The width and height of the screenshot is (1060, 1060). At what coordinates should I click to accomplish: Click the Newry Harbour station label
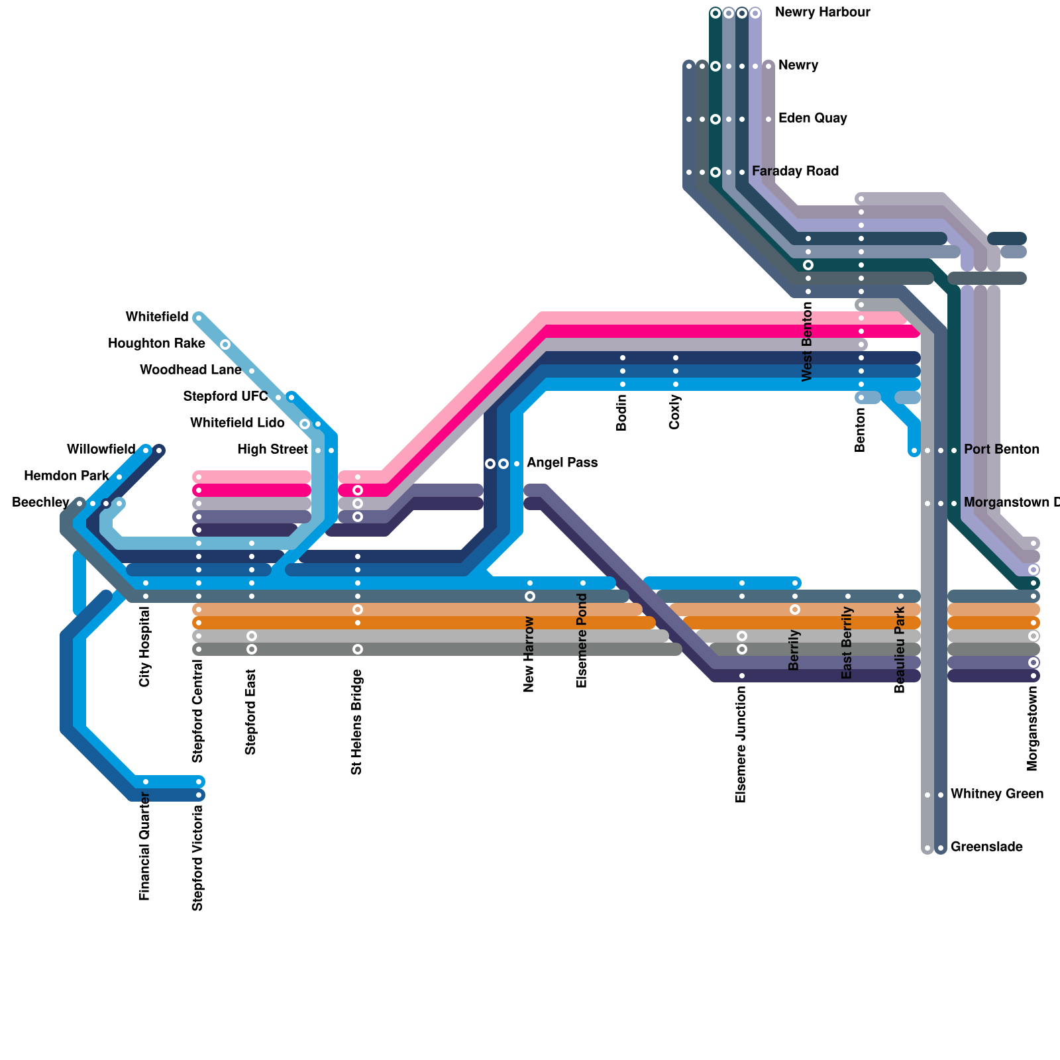pyautogui.click(x=822, y=13)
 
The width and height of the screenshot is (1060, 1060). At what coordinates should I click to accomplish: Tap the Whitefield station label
pyautogui.click(x=157, y=317)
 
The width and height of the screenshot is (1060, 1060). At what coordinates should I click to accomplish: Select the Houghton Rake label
pyautogui.click(x=156, y=344)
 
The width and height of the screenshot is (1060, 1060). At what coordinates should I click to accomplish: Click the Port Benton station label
pyautogui.click(x=1002, y=450)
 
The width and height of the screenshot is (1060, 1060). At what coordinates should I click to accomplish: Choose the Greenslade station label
pyautogui.click(x=986, y=847)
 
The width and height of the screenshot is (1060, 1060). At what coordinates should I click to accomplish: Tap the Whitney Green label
pyautogui.click(x=997, y=794)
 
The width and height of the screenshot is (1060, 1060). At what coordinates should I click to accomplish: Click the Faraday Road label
pyautogui.click(x=795, y=172)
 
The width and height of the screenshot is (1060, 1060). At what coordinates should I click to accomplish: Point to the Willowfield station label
pyautogui.click(x=101, y=450)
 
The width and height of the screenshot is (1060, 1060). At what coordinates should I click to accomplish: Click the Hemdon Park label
pyautogui.click(x=66, y=476)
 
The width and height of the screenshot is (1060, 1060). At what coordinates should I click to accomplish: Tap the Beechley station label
pyautogui.click(x=41, y=503)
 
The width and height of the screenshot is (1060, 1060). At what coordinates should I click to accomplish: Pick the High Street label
pyautogui.click(x=272, y=450)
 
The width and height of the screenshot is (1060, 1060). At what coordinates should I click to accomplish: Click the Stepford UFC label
pyautogui.click(x=225, y=397)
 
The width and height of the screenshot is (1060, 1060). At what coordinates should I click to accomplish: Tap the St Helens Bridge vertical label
pyautogui.click(x=357, y=722)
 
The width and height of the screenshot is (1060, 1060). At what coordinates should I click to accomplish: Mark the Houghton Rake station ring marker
pyautogui.click(x=225, y=344)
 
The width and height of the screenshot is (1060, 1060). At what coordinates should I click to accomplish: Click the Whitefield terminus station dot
pyautogui.click(x=199, y=318)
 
